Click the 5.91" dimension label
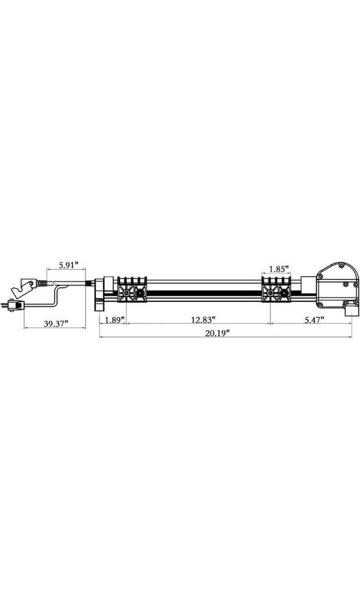pos(68,266)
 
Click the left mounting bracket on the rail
pos(133,292)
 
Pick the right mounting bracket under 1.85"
pos(277,292)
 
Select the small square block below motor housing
pos(349,310)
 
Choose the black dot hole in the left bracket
pos(140,294)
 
